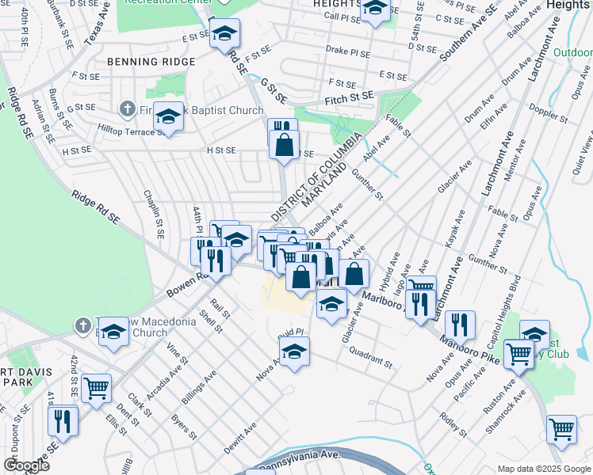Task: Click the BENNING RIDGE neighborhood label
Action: pyautogui.click(x=153, y=61)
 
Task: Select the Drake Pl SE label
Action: pyautogui.click(x=347, y=49)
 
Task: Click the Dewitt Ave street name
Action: pyautogui.click(x=239, y=436)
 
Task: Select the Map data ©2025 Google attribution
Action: pyautogui.click(x=543, y=469)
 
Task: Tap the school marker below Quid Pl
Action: pyautogui.click(x=295, y=351)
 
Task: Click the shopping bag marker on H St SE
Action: pyautogui.click(x=284, y=145)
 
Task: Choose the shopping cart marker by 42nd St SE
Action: pyautogui.click(x=96, y=388)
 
